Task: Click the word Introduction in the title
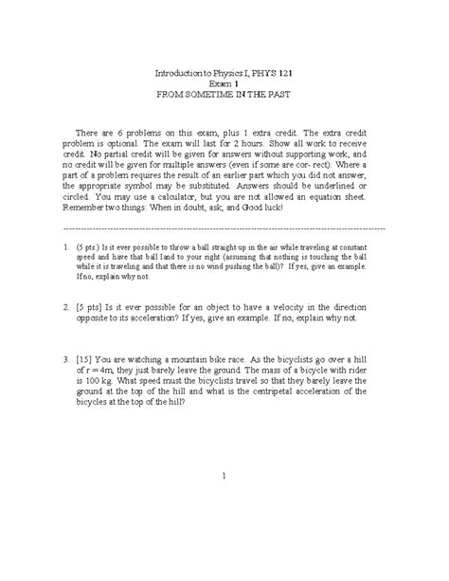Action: [176, 74]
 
